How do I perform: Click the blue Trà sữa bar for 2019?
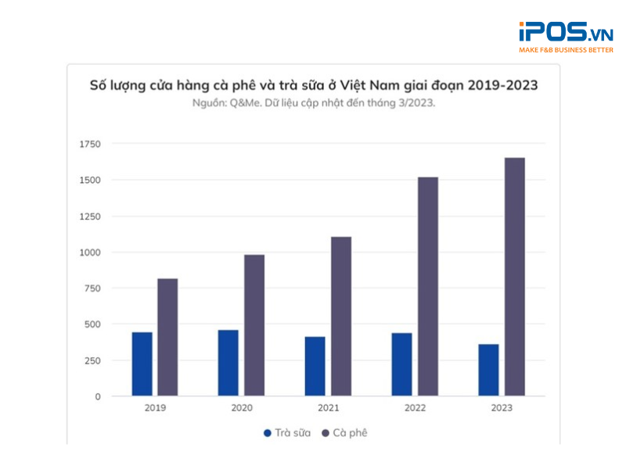[142, 364]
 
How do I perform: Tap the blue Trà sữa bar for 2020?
[228, 363]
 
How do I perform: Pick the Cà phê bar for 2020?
[254, 325]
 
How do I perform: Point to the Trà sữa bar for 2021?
[315, 366]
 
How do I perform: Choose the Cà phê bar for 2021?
[340, 317]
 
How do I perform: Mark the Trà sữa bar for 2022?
[401, 364]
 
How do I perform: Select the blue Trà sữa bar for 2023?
[488, 370]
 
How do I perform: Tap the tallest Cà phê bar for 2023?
[514, 277]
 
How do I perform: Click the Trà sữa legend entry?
[286, 432]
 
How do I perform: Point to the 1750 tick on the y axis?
[90, 144]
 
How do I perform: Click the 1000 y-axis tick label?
[90, 252]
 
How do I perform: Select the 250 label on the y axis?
[92, 360]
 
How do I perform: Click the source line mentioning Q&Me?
[313, 102]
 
